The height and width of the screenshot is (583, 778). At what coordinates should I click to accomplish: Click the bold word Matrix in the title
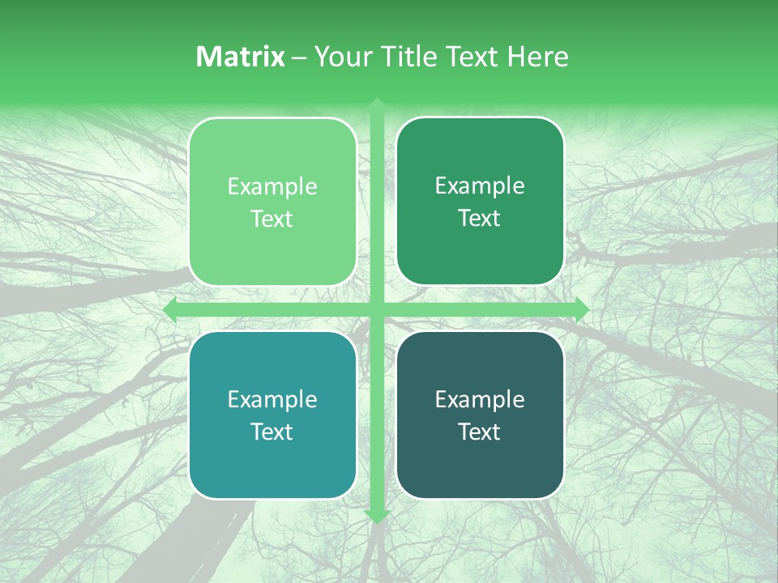[241, 57]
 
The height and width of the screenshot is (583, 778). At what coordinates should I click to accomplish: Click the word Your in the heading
[340, 57]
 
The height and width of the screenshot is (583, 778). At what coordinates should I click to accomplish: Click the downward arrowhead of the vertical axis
[377, 516]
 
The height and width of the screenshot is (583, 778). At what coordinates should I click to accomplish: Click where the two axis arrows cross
[377, 310]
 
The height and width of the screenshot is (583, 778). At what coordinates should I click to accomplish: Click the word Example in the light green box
[272, 187]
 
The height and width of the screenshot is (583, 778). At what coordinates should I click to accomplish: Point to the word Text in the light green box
[272, 219]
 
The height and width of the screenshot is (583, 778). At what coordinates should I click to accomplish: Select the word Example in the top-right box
[480, 186]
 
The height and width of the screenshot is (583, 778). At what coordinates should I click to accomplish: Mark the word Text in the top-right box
[480, 218]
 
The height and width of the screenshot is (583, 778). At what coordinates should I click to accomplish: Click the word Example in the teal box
[272, 400]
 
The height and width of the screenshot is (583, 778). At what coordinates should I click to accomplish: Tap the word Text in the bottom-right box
[480, 432]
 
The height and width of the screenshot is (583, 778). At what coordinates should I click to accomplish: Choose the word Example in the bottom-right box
[480, 399]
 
